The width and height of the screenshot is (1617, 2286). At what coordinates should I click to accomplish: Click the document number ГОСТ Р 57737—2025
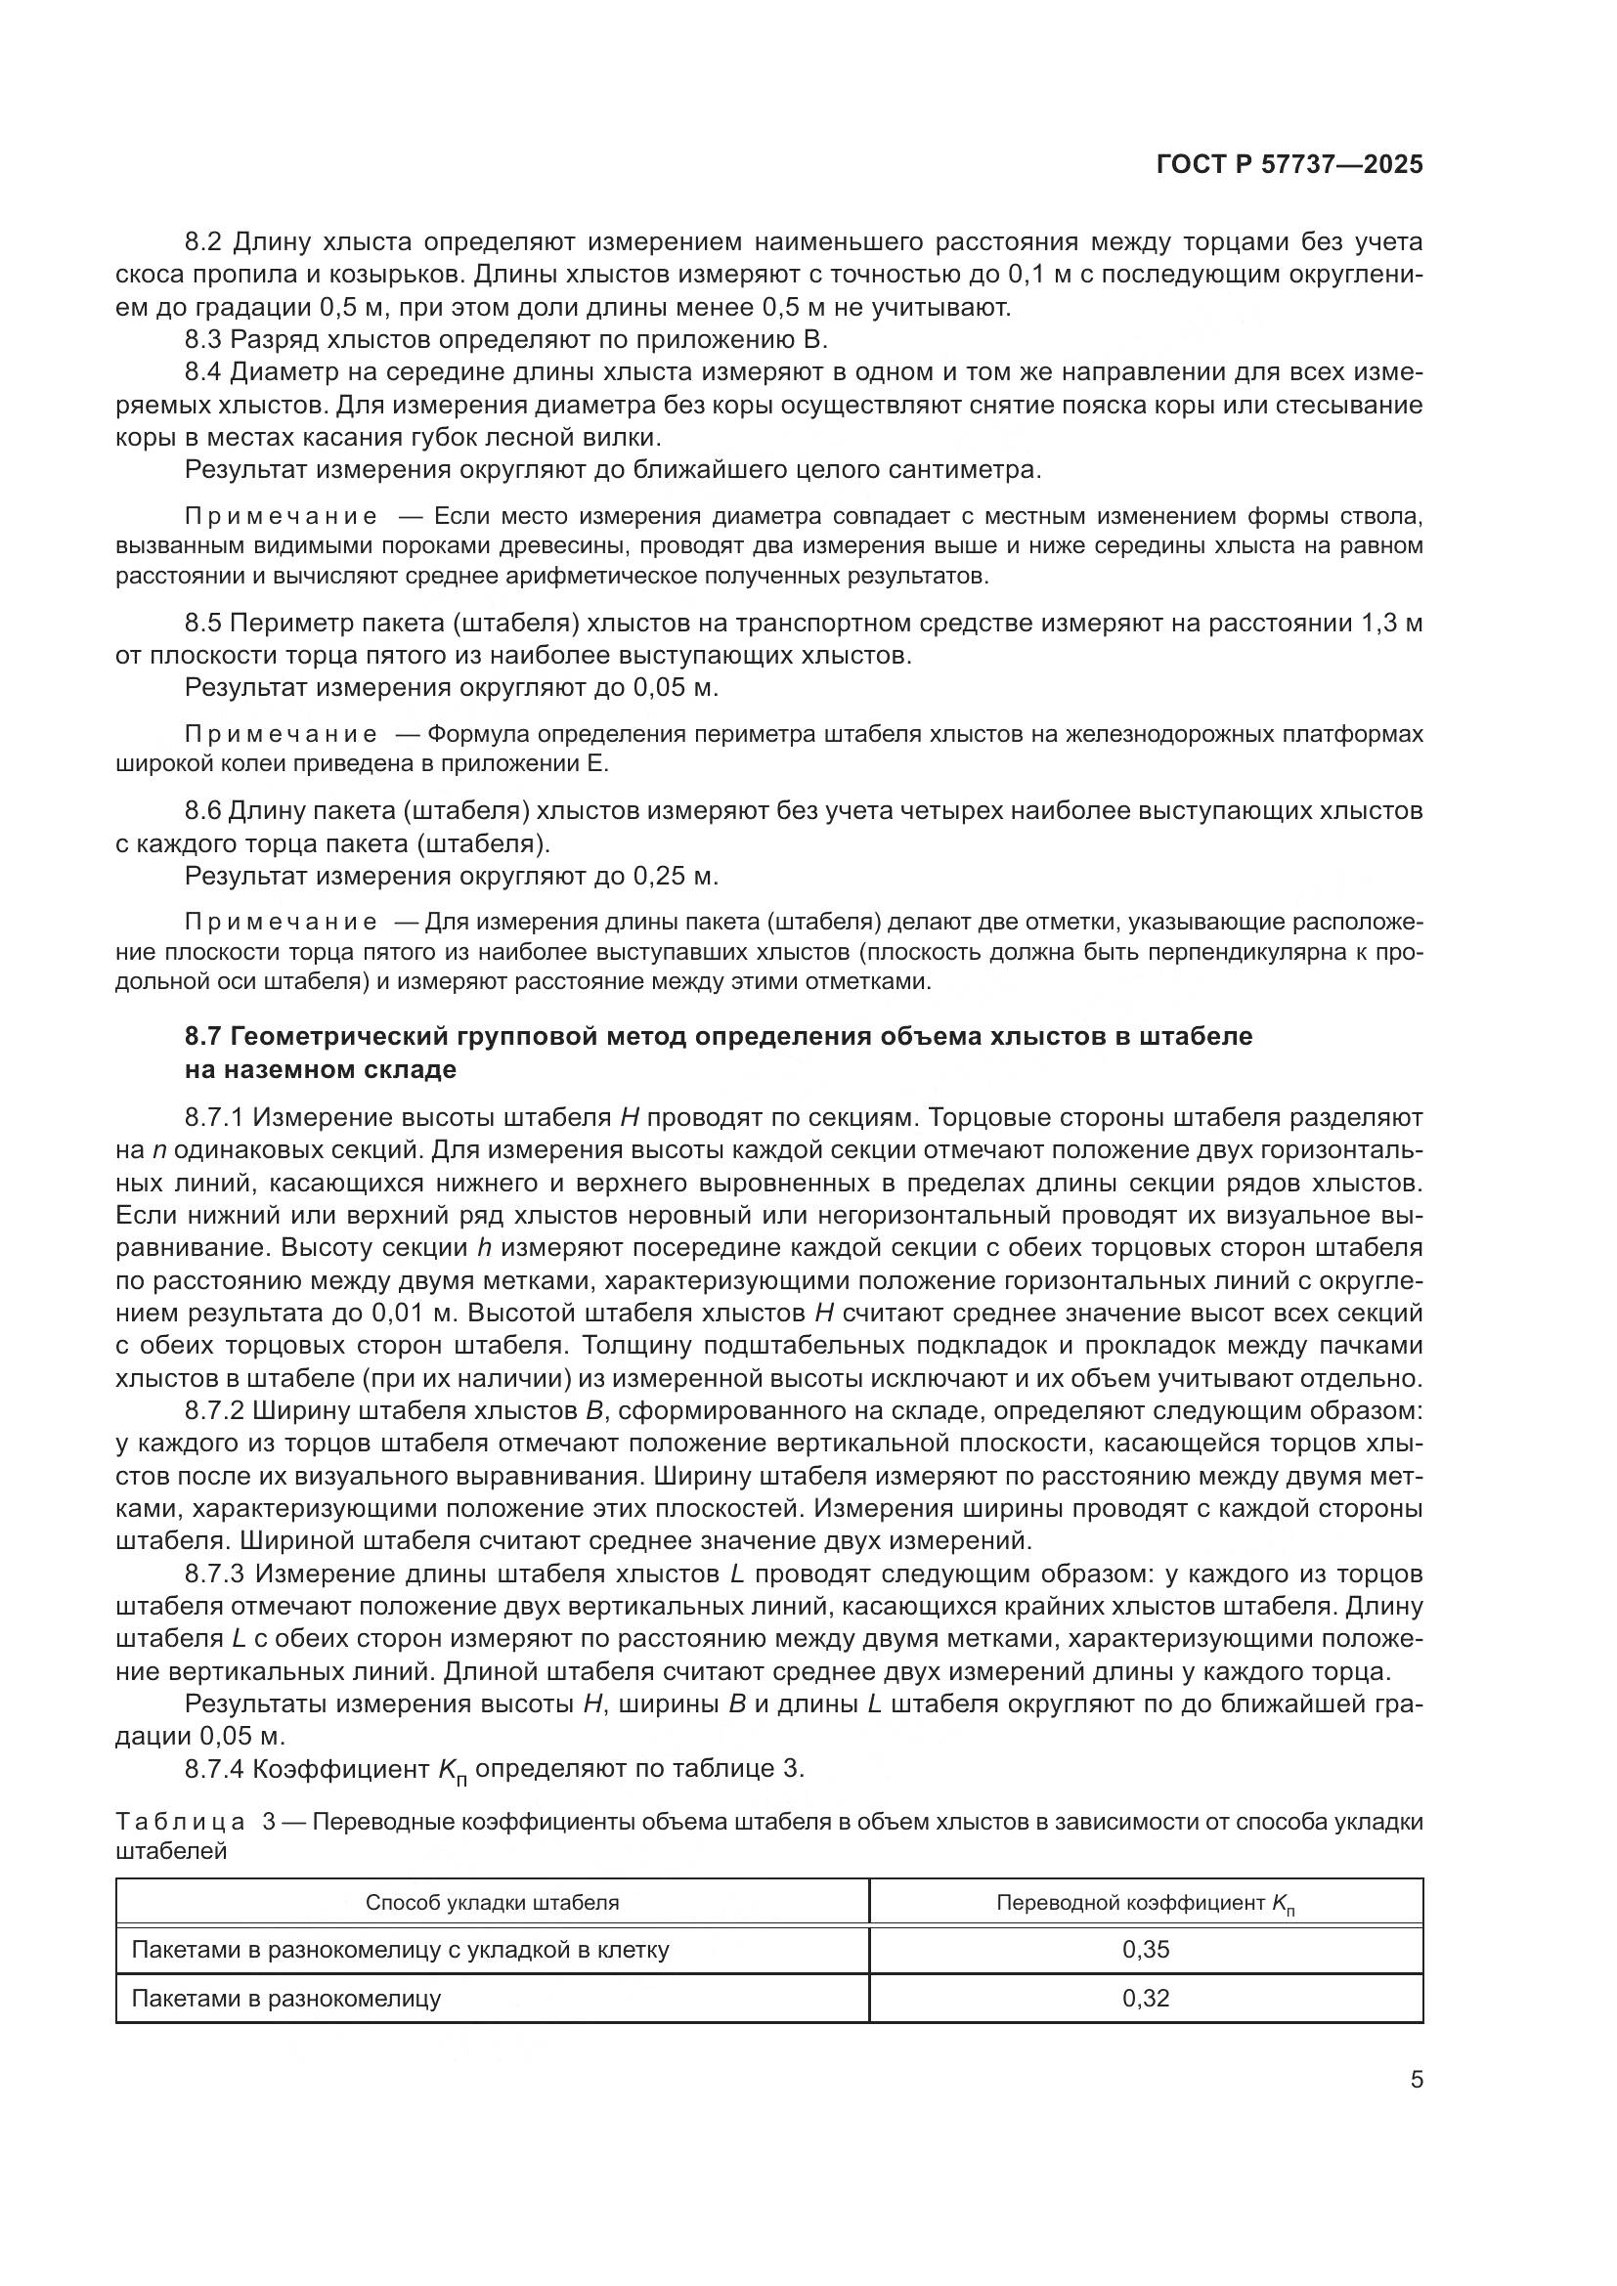pyautogui.click(x=1289, y=165)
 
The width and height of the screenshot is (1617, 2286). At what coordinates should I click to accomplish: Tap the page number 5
pyautogui.click(x=1416, y=2080)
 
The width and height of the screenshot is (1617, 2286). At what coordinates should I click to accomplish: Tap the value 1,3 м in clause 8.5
pyautogui.click(x=1390, y=624)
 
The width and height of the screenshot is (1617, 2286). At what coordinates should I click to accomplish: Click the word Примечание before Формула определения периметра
pyautogui.click(x=281, y=735)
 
